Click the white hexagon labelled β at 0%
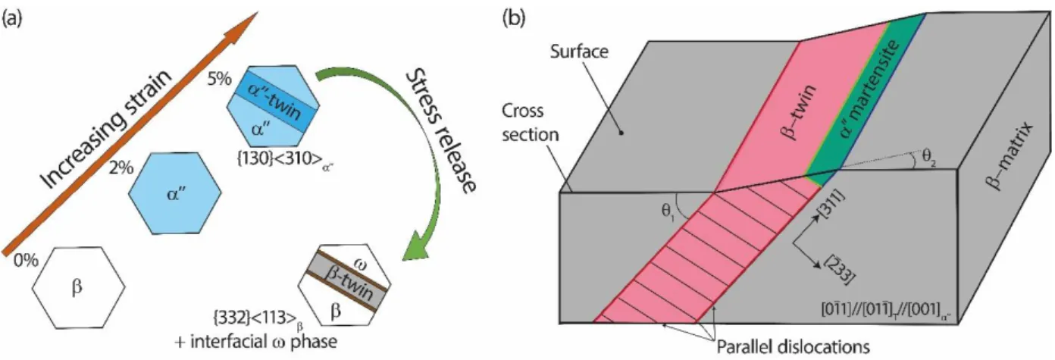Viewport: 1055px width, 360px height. (79, 287)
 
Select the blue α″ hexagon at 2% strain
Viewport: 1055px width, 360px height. (175, 193)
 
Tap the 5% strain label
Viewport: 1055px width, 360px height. (220, 79)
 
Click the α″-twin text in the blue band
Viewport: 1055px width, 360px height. (274, 102)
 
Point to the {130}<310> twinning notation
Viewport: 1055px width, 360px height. (285, 159)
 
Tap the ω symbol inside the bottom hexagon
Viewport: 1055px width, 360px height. (359, 266)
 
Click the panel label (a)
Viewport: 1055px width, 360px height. (12, 20)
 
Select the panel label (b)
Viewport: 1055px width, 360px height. (514, 20)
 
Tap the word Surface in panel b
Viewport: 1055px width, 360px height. (579, 51)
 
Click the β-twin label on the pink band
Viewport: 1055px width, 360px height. (800, 113)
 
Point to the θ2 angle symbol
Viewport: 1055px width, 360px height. (928, 158)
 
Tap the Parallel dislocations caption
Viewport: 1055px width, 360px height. (793, 347)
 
